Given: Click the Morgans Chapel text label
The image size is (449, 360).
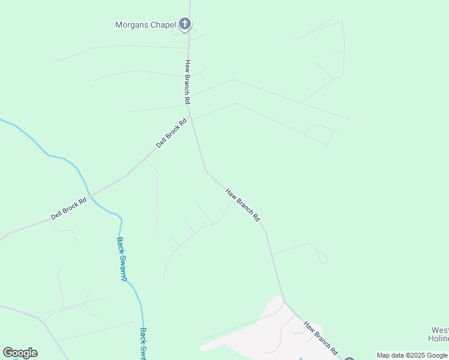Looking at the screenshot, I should tap(145, 25).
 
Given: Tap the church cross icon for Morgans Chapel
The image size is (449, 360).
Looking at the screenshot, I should tap(185, 24).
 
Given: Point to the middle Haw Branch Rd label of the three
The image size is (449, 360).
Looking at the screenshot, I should tap(243, 205).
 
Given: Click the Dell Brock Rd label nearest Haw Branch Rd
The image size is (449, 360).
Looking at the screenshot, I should tap(172, 133).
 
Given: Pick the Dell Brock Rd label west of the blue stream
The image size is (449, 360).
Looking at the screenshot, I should tap(68, 208).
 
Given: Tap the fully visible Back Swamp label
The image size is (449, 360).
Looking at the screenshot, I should tap(121, 259).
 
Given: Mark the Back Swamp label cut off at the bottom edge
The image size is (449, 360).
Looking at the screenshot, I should tap(143, 343).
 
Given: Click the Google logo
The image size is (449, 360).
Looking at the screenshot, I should tap(20, 353).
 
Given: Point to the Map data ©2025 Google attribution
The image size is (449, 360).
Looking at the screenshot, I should tap(412, 355).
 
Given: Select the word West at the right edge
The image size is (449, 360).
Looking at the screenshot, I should tap(440, 330).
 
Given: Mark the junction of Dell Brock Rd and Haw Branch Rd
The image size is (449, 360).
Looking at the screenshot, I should tap(191, 116).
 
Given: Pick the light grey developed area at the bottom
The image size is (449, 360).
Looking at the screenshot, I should tap(264, 333).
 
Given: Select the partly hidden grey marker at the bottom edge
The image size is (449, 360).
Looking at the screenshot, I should tap(349, 358).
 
